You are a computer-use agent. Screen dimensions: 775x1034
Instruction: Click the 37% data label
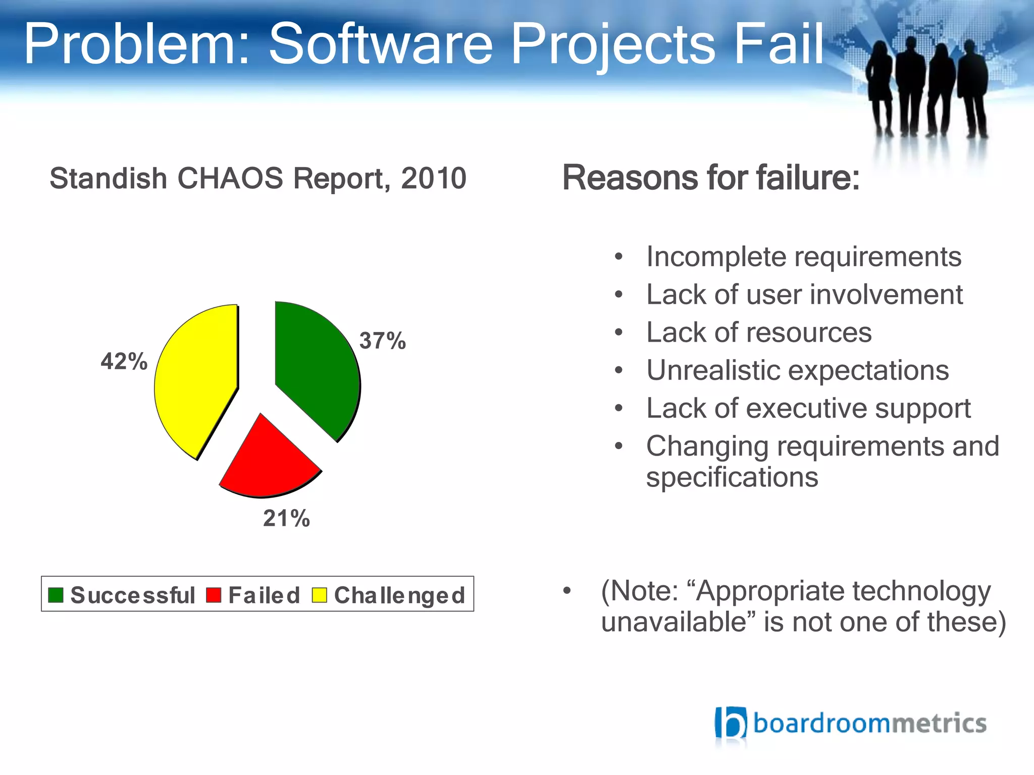click(x=382, y=341)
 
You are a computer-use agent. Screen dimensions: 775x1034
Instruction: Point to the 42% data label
click(x=124, y=361)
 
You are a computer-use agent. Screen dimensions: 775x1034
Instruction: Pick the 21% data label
click(x=286, y=518)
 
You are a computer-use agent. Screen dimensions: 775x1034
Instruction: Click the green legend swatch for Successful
click(x=56, y=595)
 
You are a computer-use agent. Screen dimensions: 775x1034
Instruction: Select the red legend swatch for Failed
click(x=214, y=595)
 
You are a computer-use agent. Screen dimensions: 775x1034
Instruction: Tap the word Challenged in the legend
click(x=399, y=596)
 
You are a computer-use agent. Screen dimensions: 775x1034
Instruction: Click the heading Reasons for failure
click(x=710, y=178)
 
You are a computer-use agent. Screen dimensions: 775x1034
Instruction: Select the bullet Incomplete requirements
click(x=803, y=257)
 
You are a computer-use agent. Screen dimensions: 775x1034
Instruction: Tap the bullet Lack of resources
click(x=759, y=333)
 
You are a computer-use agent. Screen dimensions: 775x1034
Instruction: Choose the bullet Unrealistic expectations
click(x=797, y=370)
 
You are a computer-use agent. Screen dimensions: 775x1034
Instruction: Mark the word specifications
click(x=732, y=477)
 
